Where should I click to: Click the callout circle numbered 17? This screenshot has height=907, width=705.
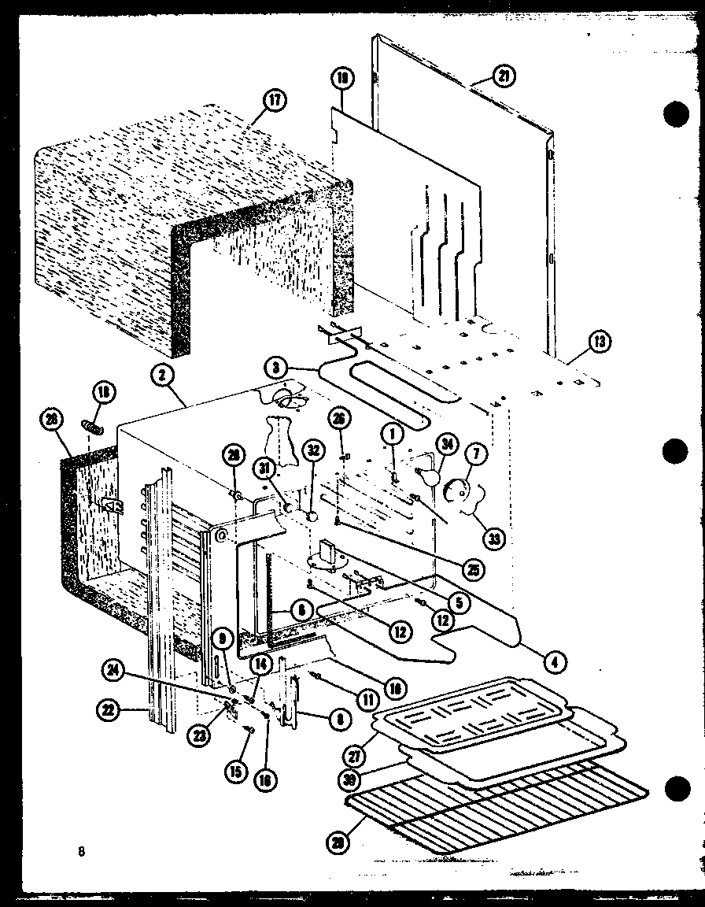click(275, 101)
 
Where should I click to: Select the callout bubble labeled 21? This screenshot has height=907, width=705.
click(502, 76)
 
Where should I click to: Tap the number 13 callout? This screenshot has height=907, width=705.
click(600, 342)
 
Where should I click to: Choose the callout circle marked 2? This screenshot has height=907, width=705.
click(161, 376)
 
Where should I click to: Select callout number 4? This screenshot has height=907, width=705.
click(556, 661)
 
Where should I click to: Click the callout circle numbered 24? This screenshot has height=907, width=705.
click(113, 671)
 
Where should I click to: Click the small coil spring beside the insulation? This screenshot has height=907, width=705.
click(94, 428)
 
